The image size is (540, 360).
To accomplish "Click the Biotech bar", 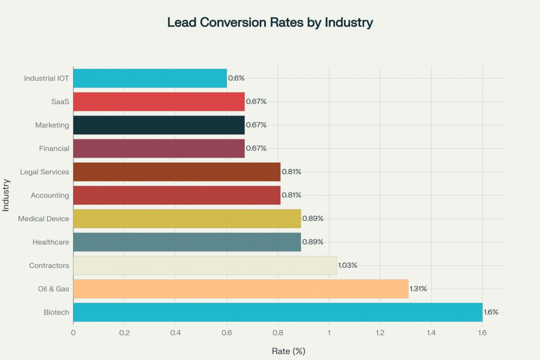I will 277,313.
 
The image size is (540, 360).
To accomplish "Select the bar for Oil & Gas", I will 240,289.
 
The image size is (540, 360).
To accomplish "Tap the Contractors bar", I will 205,266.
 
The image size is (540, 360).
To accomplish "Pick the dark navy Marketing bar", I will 159,125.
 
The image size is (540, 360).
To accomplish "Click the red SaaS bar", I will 159,102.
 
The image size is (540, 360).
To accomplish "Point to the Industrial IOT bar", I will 150,78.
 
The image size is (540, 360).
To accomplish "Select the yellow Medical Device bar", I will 187,219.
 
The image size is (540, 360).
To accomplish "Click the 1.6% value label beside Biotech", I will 491,313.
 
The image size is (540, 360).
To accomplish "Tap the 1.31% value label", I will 418,289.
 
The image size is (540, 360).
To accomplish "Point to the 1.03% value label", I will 348,266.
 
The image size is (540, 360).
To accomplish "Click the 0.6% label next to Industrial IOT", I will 236,78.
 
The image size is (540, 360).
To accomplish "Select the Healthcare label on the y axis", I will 51,242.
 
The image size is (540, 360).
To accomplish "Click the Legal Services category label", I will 44,172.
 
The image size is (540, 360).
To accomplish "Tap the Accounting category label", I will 50,195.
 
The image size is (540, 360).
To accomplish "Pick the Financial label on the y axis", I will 54,149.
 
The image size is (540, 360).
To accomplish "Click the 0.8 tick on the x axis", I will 277,333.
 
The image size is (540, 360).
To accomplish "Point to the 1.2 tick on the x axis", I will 380,333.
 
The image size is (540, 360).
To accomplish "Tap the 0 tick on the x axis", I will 73,333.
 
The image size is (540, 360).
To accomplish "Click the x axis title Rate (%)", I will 288,351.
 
